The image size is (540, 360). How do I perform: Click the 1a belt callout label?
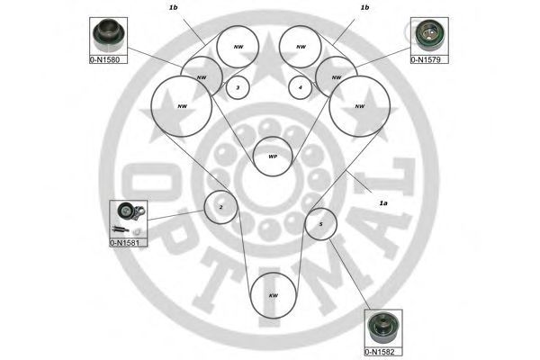coord(383,203)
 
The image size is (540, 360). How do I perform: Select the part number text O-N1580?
coord(104,59)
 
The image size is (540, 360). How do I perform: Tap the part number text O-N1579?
coord(426,59)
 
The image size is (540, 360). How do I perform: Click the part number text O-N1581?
coord(124,243)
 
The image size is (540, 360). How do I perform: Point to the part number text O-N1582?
coord(379,352)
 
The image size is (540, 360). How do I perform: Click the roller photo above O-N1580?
coord(108,35)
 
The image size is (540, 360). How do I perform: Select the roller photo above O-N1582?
coord(383,328)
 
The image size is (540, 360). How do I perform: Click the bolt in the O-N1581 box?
coord(121,229)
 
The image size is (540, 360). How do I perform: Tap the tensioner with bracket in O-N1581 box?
coord(130,211)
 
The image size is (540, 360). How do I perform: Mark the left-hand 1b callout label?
coord(173,7)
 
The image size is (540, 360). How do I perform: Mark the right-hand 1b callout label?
coord(364,7)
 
